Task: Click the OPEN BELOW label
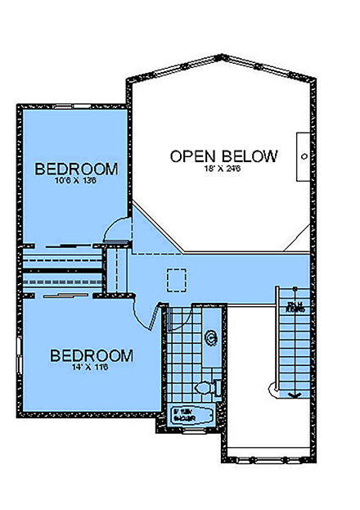tap(223, 156)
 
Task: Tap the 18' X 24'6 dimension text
tap(223, 169)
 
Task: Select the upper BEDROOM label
tap(76, 169)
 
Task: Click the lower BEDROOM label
tap(92, 356)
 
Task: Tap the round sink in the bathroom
tap(210, 335)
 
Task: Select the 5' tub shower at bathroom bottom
tap(193, 416)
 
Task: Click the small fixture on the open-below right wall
tap(304, 155)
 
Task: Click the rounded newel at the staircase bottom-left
tap(272, 386)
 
